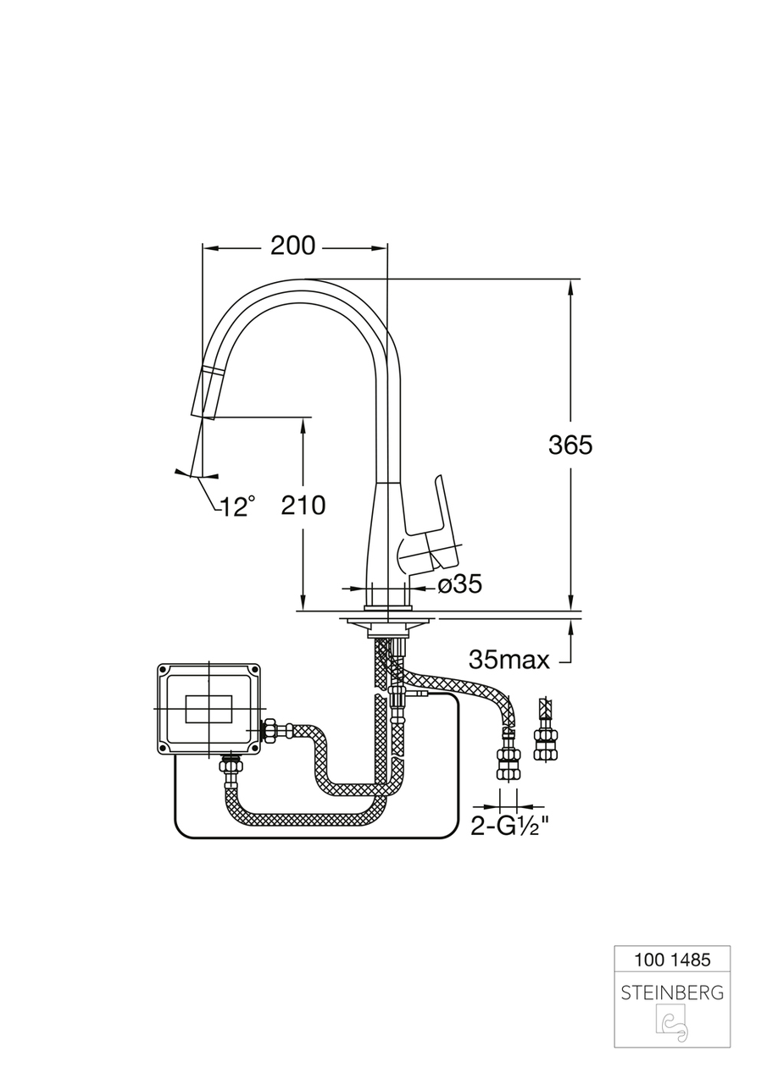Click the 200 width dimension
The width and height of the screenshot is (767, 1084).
coord(292,246)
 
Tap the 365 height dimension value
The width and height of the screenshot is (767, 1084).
coord(570,445)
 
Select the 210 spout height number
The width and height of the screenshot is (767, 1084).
coord(303,506)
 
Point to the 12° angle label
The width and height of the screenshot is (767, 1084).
coord(237,506)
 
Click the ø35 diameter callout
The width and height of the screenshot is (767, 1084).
coord(459,584)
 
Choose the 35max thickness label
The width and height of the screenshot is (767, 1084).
coord(509,660)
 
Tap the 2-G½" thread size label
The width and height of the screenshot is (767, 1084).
coord(510,827)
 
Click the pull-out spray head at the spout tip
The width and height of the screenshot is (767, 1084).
coord(209,392)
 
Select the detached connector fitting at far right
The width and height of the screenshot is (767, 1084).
coord(546,730)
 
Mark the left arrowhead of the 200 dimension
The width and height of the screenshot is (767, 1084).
coord(210,248)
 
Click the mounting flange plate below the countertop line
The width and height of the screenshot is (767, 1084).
coord(388,624)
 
